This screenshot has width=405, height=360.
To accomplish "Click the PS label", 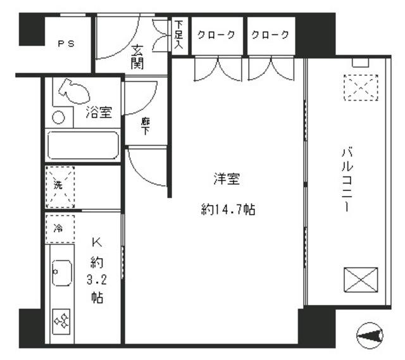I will (x=66, y=44).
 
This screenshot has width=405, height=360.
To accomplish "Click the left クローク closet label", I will (x=216, y=35).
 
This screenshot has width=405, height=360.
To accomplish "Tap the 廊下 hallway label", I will (x=146, y=126).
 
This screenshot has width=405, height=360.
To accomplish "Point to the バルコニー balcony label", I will (x=346, y=180).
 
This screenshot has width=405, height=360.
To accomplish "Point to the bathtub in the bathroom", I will (x=84, y=146).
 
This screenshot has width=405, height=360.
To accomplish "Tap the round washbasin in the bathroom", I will (x=58, y=117).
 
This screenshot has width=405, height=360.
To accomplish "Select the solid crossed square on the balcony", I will (x=361, y=280).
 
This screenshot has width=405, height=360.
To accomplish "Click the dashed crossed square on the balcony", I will (x=359, y=87).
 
